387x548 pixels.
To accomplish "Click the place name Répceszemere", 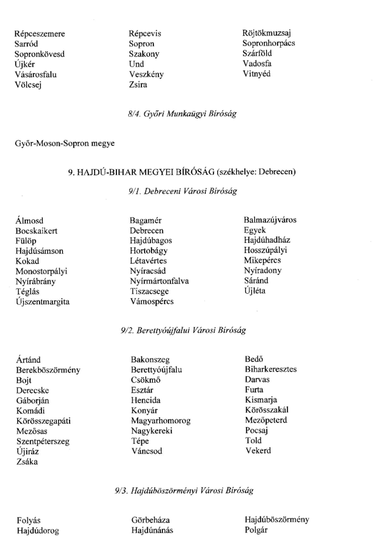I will pos(40,34).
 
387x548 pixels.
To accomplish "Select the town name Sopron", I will pos(142,44).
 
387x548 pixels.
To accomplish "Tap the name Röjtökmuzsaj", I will pos(267,33).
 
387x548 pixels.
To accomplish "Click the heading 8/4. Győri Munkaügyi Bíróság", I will pos(182,114).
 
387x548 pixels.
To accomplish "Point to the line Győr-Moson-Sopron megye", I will pos(65,143).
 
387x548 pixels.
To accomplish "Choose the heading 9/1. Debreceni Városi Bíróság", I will pos(183,191).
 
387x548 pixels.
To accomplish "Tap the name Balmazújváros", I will pos(270,220).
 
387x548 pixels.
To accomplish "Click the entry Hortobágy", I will pos(149,251).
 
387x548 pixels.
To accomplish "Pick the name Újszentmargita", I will pos(43,302).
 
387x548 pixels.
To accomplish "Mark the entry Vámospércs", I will pos(152,302).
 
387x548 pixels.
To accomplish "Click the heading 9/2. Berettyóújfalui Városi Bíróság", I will pos(183,330).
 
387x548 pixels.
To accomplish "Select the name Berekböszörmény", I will pos(48,370).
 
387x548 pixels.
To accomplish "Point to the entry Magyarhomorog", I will pos(161,421).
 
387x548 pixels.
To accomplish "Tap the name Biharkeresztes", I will pos(271,369).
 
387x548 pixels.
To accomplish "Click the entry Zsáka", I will pos(27,462).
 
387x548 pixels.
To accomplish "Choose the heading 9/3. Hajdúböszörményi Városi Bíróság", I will pos(184,491).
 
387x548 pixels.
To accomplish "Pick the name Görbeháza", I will pos(151,520).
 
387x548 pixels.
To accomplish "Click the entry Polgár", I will pos(256,530).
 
